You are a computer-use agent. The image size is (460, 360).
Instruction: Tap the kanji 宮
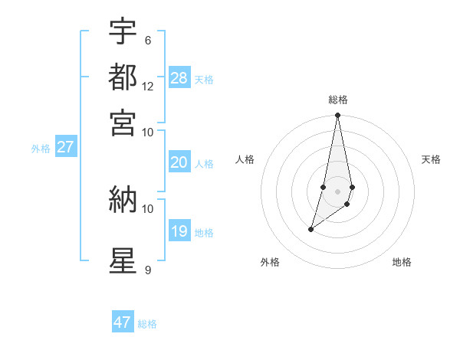coord(123,122)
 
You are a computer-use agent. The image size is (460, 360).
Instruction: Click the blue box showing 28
coord(179,78)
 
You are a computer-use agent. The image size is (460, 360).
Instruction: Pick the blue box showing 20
coord(179,162)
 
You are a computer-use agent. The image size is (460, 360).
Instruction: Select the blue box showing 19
coord(179,231)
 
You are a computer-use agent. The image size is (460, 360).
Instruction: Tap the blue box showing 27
coord(65,147)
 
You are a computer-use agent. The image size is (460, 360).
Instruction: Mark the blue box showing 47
coord(123,322)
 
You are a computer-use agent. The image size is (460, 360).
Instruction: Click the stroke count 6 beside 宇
coord(147,40)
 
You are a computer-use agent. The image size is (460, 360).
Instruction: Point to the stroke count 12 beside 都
coord(148,87)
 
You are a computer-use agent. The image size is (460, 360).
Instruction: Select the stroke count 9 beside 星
coord(147,270)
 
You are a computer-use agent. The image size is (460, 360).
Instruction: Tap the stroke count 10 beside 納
coord(148,208)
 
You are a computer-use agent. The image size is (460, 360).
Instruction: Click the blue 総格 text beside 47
coord(147,324)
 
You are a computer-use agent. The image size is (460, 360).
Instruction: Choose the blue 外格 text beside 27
coord(40,149)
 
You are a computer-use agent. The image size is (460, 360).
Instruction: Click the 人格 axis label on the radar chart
coord(245,159)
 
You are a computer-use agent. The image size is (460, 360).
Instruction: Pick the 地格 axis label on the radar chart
coord(402,263)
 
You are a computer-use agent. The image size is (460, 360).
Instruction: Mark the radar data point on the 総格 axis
coord(337,116)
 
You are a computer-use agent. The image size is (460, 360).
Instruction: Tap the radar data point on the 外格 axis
coord(311,229)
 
